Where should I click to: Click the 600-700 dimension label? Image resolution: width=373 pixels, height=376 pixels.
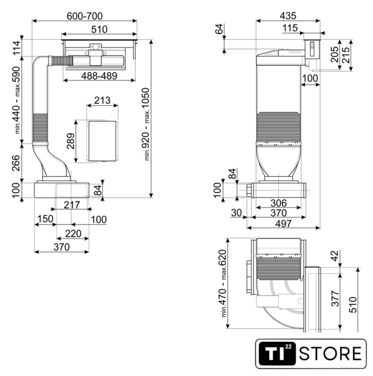click(85, 16)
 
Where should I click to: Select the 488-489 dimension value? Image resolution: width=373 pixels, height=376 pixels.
click(99, 76)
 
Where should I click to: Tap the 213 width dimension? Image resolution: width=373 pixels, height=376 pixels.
click(102, 100)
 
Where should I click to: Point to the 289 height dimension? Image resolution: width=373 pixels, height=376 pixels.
click(71, 141)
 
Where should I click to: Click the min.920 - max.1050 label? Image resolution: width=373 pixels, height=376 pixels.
click(146, 124)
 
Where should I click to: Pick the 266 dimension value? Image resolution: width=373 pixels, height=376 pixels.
click(16, 163)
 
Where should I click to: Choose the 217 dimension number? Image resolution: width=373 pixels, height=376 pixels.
click(72, 205)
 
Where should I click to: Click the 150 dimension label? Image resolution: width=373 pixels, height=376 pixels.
click(46, 219)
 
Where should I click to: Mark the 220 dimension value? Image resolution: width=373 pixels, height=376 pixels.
click(73, 234)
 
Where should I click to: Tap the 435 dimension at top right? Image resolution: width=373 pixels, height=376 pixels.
click(288, 16)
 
